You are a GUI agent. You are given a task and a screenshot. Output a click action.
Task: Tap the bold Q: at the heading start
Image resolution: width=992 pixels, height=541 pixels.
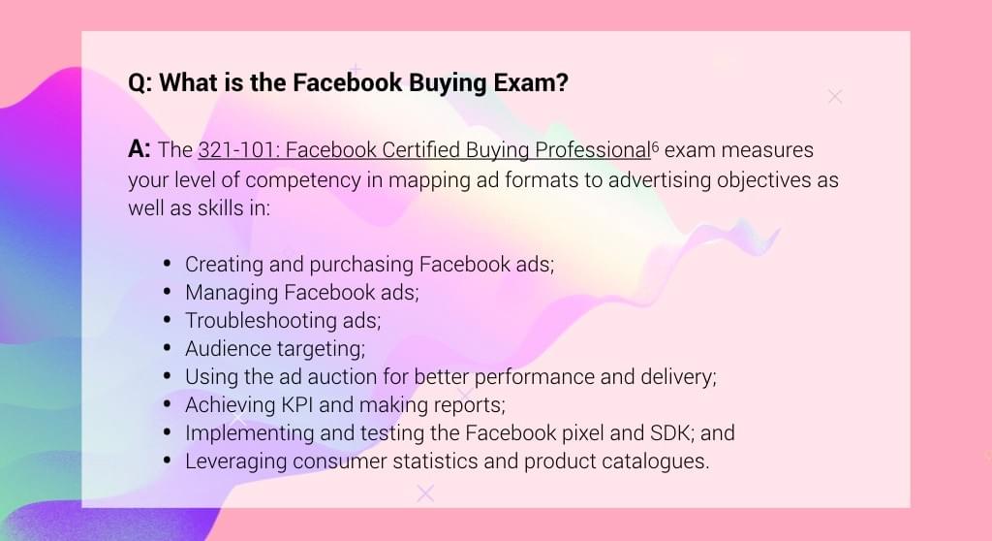tap(139, 83)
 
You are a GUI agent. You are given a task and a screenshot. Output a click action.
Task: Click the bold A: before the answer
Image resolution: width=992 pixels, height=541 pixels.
tap(139, 149)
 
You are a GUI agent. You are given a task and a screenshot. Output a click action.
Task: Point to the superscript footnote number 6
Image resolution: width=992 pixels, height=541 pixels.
tap(655, 146)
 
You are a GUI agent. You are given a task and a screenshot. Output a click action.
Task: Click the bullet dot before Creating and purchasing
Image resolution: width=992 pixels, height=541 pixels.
tap(167, 264)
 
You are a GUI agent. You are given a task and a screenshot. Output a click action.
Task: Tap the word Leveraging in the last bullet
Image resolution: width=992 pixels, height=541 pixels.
tap(236, 461)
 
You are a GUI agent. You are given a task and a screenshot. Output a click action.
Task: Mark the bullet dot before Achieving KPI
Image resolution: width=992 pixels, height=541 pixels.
tap(167, 404)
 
